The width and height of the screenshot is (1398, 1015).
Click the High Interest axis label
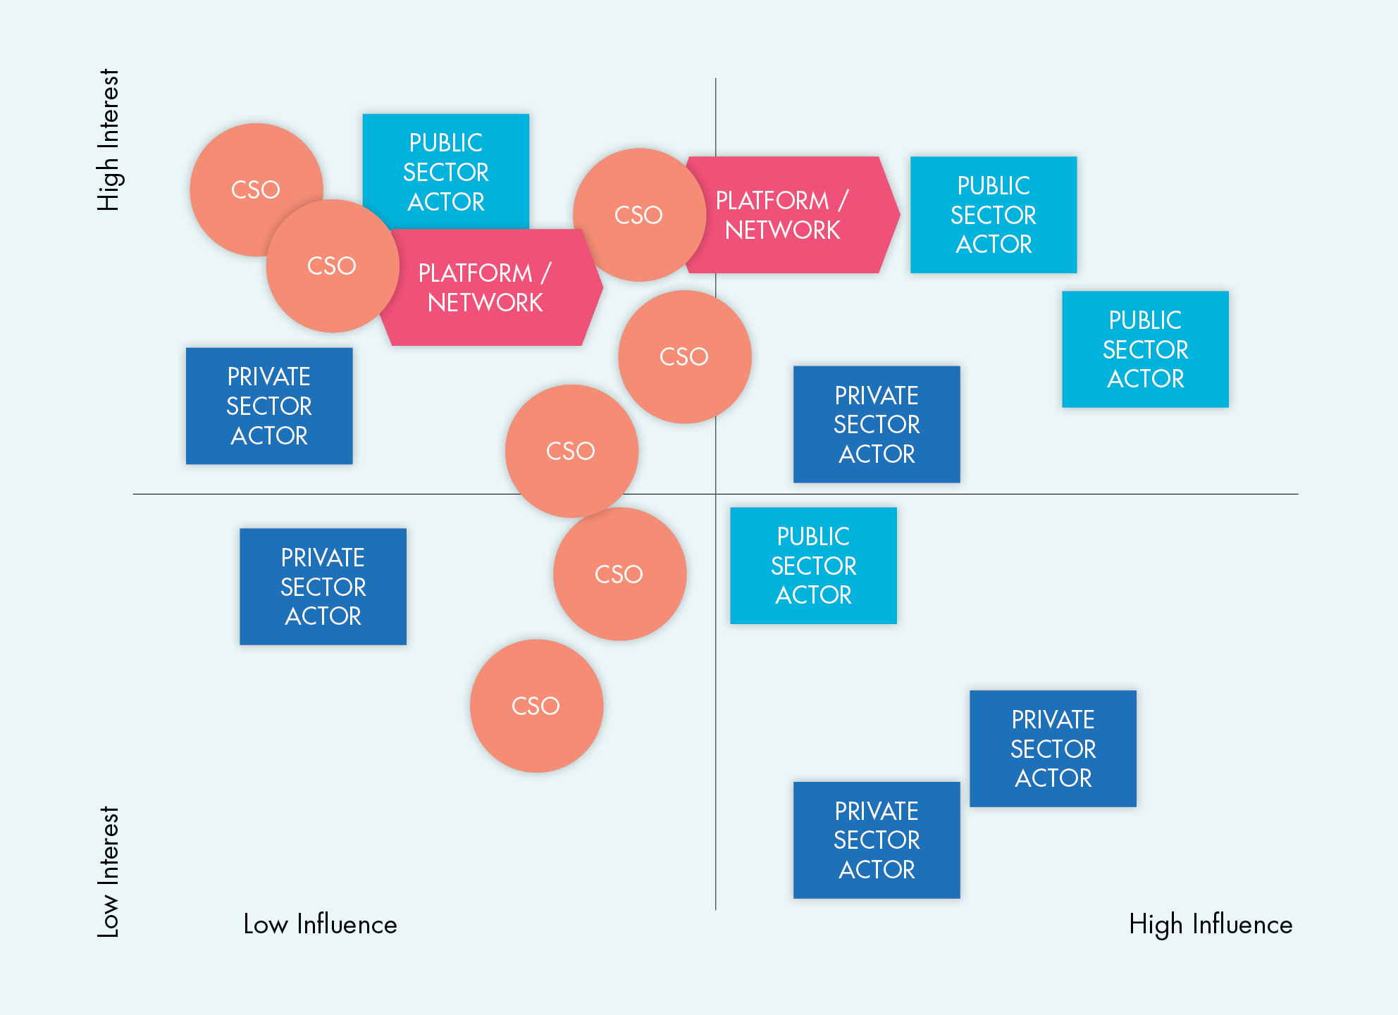coord(108,139)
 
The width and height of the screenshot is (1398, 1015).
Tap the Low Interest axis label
coord(108,871)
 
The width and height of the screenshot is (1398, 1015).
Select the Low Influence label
coord(320,924)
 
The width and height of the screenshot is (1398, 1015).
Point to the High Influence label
coord(1210,924)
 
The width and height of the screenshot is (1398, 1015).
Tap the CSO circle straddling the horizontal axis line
coord(571,451)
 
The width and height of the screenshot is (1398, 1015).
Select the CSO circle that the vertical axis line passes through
coord(683,356)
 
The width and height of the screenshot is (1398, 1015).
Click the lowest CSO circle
coord(536,706)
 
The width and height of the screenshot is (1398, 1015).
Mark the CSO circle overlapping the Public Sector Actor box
coord(332,266)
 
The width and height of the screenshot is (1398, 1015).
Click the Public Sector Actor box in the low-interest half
coord(813,566)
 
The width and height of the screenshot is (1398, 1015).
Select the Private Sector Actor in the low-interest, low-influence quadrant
coord(323,587)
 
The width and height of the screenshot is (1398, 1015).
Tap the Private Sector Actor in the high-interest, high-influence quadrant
coord(876,424)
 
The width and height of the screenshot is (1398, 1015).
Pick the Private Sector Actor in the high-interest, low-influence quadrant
coord(269,406)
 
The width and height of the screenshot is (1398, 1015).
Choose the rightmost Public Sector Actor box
coord(1145,349)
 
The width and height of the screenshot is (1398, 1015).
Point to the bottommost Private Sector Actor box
coord(876,840)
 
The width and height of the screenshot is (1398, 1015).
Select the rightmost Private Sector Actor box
coord(1053,748)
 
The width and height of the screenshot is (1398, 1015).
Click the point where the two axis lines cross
coord(716,494)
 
